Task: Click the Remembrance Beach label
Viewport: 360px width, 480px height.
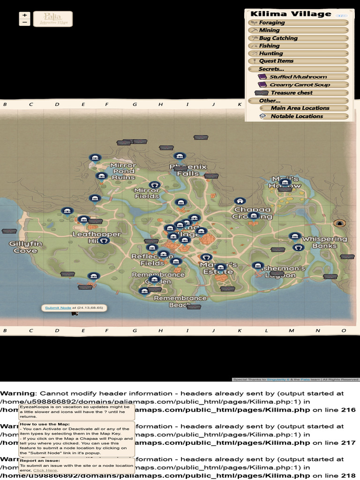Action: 180,301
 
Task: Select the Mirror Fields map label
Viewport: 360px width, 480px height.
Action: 147,193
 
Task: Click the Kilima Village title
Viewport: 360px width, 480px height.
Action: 291,14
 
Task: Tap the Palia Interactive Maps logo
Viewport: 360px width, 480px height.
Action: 46,19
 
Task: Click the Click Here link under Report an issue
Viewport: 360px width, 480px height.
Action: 45,470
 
